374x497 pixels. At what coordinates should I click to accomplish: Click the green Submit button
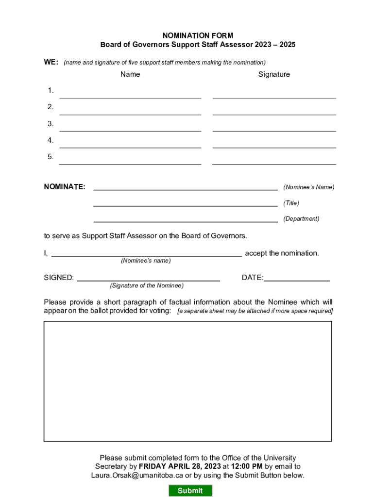click(x=190, y=490)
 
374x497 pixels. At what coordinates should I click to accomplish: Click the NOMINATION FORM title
click(x=198, y=35)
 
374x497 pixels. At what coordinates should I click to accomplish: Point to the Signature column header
click(x=274, y=74)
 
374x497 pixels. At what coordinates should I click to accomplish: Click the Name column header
click(x=130, y=74)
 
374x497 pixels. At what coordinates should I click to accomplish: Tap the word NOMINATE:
click(x=65, y=187)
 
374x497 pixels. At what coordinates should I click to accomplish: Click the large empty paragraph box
click(x=187, y=381)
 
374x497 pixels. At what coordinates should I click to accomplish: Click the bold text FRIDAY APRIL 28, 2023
click(x=180, y=466)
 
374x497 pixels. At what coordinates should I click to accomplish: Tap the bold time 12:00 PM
click(x=247, y=466)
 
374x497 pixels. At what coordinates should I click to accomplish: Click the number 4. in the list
click(x=51, y=140)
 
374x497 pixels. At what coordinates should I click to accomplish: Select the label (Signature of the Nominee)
click(x=147, y=285)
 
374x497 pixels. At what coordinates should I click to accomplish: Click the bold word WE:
click(x=51, y=62)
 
